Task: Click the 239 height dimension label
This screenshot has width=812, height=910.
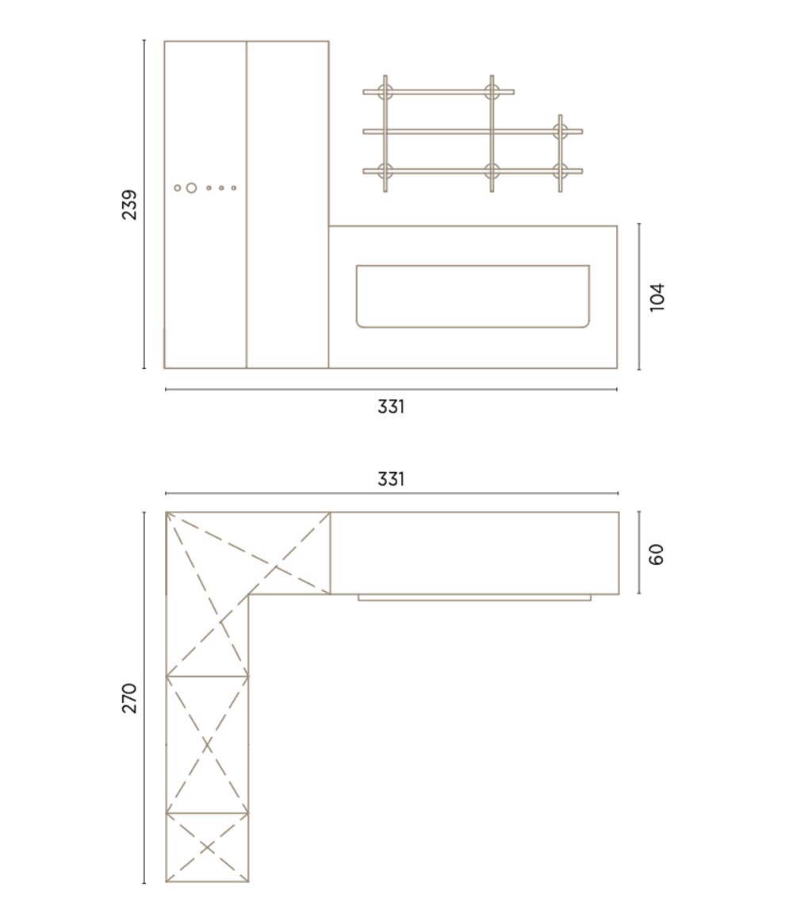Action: (129, 205)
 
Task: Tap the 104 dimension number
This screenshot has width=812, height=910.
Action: (657, 297)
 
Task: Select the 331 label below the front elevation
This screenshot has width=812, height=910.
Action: (391, 407)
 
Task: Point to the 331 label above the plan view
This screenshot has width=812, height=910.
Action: (391, 479)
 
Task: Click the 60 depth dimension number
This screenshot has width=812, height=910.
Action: (657, 554)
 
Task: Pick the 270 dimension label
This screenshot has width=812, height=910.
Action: (129, 698)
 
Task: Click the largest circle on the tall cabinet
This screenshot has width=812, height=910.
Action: (191, 188)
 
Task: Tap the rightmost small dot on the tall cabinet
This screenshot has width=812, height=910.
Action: (234, 188)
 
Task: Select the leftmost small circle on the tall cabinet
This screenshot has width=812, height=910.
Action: (178, 188)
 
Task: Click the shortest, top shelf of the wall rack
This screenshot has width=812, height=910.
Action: (439, 92)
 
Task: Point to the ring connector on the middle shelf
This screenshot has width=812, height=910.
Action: (560, 132)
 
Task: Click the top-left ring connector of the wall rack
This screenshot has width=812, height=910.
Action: (385, 92)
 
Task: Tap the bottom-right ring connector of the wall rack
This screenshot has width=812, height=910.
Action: (560, 171)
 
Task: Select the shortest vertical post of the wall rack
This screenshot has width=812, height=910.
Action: (561, 153)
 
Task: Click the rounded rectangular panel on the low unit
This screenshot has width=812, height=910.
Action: (473, 296)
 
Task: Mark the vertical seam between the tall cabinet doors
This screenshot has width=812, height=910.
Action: (247, 205)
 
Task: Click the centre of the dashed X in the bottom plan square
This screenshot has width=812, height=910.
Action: (207, 847)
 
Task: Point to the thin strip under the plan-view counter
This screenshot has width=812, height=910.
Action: (474, 597)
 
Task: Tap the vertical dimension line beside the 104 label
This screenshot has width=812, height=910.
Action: (639, 297)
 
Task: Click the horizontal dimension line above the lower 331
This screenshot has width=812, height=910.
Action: (392, 493)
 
